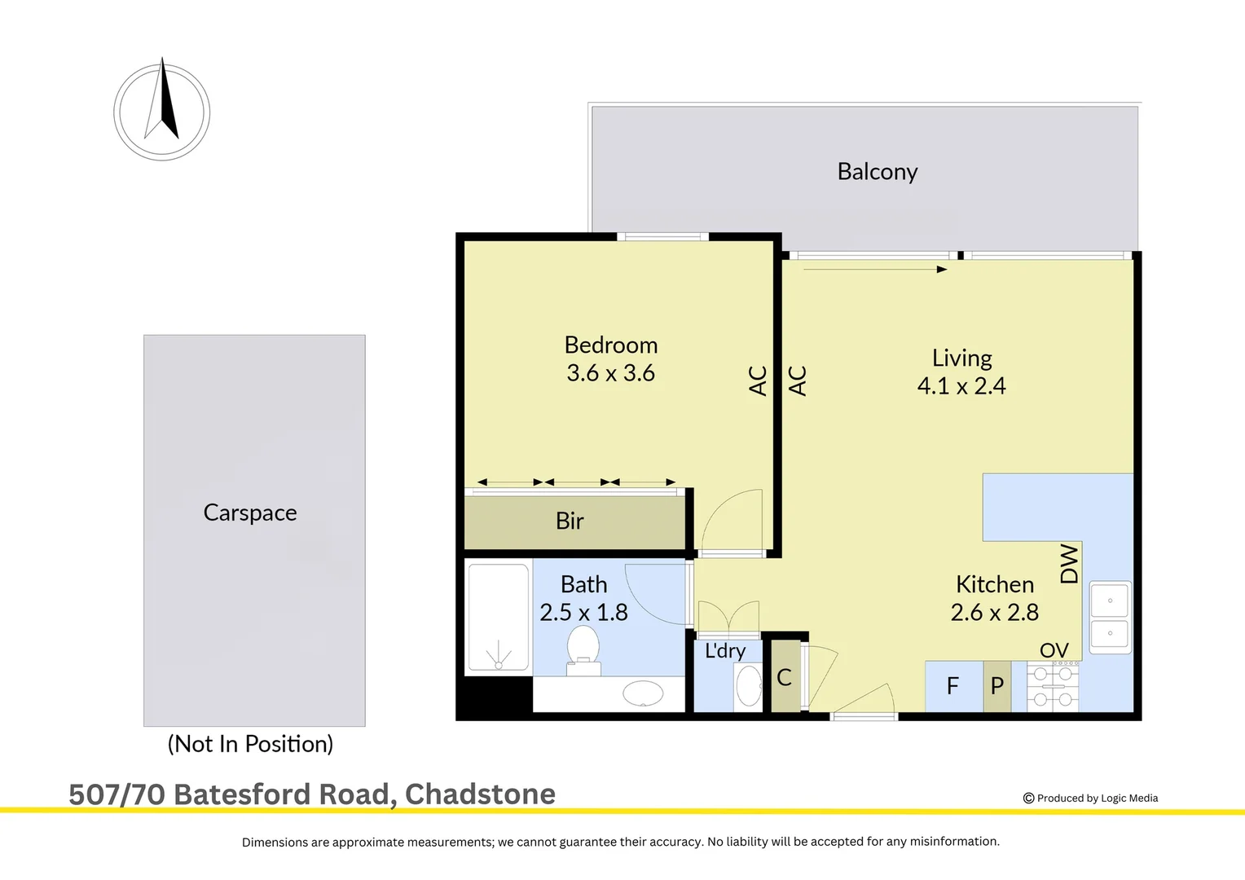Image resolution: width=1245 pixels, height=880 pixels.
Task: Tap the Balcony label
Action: (878, 172)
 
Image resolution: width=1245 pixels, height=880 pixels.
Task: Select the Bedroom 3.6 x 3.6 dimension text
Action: (610, 373)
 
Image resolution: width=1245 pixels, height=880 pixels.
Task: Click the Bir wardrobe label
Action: (570, 521)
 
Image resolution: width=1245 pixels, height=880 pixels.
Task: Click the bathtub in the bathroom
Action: (498, 617)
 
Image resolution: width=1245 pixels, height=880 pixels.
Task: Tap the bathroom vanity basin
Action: (643, 693)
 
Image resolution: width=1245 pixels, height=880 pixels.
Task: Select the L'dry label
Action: (725, 650)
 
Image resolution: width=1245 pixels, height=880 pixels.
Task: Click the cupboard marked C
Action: (785, 677)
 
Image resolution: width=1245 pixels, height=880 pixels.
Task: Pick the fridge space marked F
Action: (952, 686)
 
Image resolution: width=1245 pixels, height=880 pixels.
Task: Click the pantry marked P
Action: (996, 686)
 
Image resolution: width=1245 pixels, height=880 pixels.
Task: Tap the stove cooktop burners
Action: (1053, 686)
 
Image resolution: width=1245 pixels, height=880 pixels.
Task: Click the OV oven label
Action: (1054, 650)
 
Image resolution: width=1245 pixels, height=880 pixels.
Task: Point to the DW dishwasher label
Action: (1069, 564)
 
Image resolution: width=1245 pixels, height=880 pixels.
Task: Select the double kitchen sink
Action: (1110, 617)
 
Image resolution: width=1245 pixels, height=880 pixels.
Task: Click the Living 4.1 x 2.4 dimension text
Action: (961, 385)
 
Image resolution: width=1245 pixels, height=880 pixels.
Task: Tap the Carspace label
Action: (250, 513)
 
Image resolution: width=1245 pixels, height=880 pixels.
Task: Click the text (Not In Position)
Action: (250, 744)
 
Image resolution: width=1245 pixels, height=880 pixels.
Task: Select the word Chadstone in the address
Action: (480, 794)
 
